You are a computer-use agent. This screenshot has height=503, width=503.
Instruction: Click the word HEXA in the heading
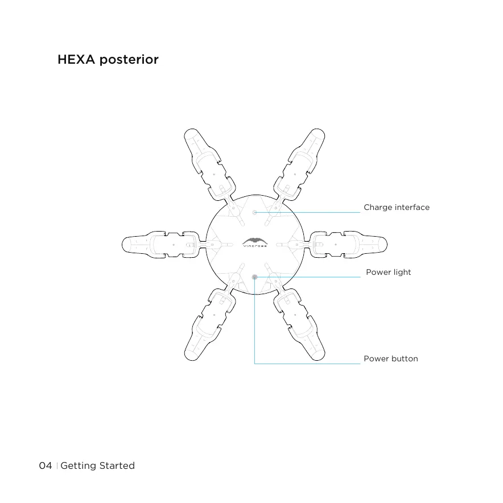click(76, 60)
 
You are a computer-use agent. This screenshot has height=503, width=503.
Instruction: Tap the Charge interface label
click(397, 207)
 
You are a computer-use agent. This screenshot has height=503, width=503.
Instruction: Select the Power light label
click(388, 272)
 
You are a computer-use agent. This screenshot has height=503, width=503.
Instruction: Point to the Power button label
click(390, 358)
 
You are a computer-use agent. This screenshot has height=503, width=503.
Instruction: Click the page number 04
click(45, 465)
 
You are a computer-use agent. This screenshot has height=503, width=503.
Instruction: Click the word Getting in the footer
click(78, 466)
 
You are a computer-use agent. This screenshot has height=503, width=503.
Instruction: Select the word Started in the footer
click(117, 465)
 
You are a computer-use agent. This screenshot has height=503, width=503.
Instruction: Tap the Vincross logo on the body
click(254, 242)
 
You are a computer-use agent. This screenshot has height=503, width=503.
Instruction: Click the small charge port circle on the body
click(255, 212)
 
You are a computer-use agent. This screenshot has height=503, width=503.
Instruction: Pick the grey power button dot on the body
click(255, 277)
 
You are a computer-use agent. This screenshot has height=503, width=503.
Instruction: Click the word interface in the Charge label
click(413, 207)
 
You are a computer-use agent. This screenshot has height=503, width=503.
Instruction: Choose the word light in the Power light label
click(402, 272)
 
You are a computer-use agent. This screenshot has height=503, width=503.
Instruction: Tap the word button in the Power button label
click(404, 358)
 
